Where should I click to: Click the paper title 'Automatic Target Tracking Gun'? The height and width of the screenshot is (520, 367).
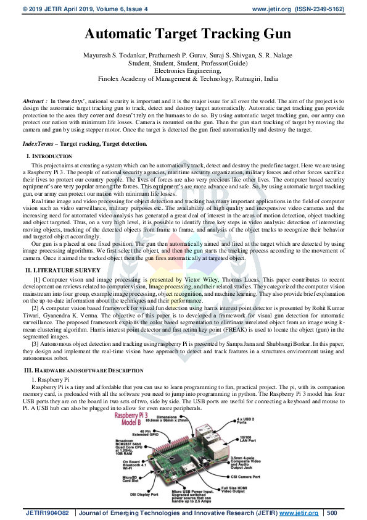183,35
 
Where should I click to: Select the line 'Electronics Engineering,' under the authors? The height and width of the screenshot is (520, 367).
183,71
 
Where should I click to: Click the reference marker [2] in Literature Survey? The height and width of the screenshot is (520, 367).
36,308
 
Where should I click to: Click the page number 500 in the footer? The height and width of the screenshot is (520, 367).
332,513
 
